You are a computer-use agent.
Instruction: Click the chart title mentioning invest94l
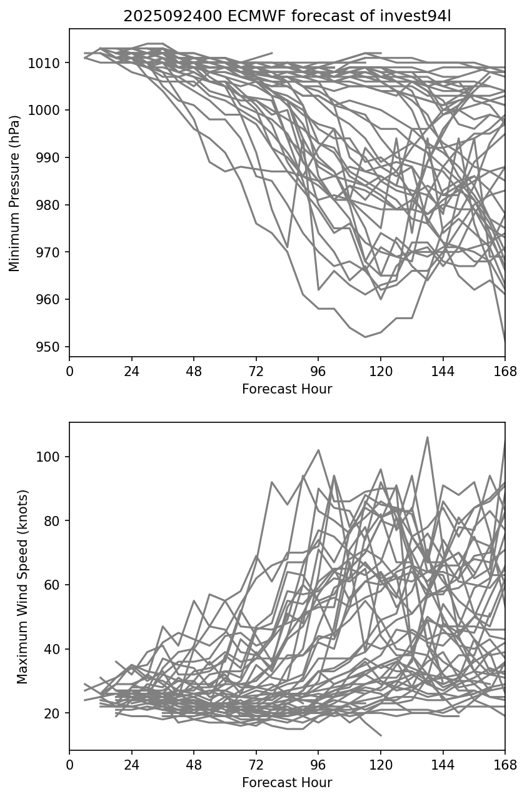(287, 16)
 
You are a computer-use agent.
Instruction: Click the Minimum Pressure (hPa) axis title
(15, 193)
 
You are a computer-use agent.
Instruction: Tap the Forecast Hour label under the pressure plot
(287, 389)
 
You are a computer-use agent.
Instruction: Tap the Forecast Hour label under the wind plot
(287, 783)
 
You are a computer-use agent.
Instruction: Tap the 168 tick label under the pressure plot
(505, 372)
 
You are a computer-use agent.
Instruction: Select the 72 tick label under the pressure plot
(256, 372)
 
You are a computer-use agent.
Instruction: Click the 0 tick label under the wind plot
(69, 765)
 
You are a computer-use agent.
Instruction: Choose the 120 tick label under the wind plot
(380, 765)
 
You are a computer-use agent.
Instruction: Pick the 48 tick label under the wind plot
(194, 765)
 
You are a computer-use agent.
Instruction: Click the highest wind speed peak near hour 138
(428, 437)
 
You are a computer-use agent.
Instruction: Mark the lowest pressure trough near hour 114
(365, 337)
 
